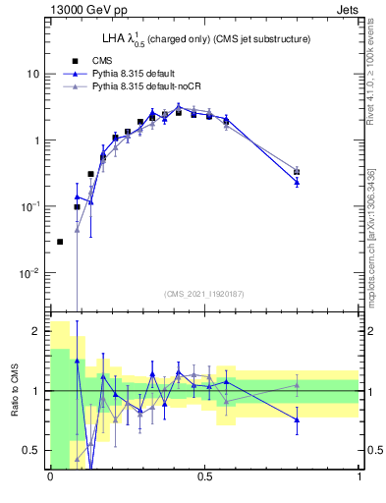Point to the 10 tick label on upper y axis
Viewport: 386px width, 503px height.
[32, 75]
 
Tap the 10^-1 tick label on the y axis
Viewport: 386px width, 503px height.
[29, 207]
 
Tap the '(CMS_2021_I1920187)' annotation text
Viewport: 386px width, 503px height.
[205, 294]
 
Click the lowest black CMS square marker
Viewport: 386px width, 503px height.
[60, 242]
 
